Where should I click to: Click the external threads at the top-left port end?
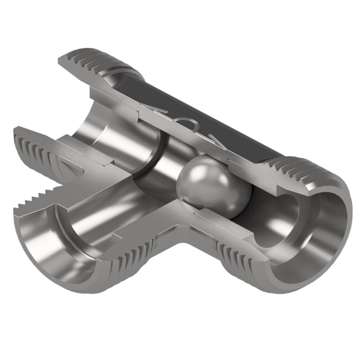[x=94, y=64]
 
